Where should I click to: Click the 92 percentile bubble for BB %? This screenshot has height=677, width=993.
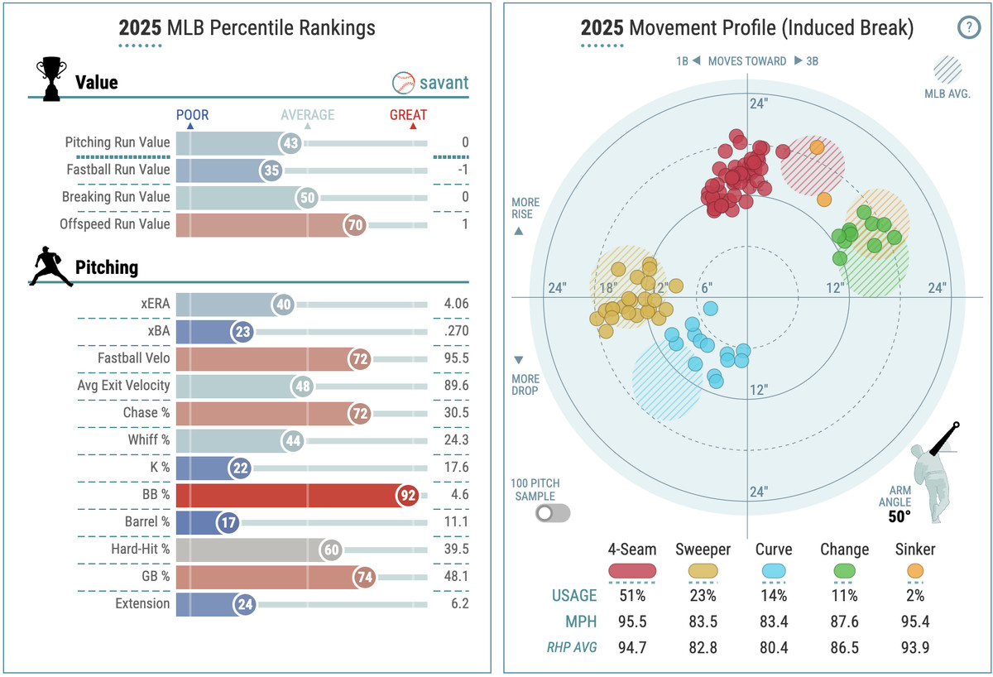405,495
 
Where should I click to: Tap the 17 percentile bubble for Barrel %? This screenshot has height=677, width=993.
227,522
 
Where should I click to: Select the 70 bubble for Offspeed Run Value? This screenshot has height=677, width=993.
355,224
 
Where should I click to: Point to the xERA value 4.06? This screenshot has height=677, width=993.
456,304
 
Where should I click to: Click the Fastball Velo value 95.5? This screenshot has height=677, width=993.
456,358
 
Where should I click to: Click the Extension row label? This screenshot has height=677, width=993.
142,604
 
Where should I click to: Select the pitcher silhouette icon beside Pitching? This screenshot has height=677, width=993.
51,267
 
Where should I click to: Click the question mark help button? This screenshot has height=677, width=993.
967,28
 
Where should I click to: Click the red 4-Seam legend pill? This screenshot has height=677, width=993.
632,570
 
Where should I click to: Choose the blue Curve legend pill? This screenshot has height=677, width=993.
774,570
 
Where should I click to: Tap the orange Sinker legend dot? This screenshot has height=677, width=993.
915,570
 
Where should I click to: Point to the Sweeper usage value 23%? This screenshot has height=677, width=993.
703,595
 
